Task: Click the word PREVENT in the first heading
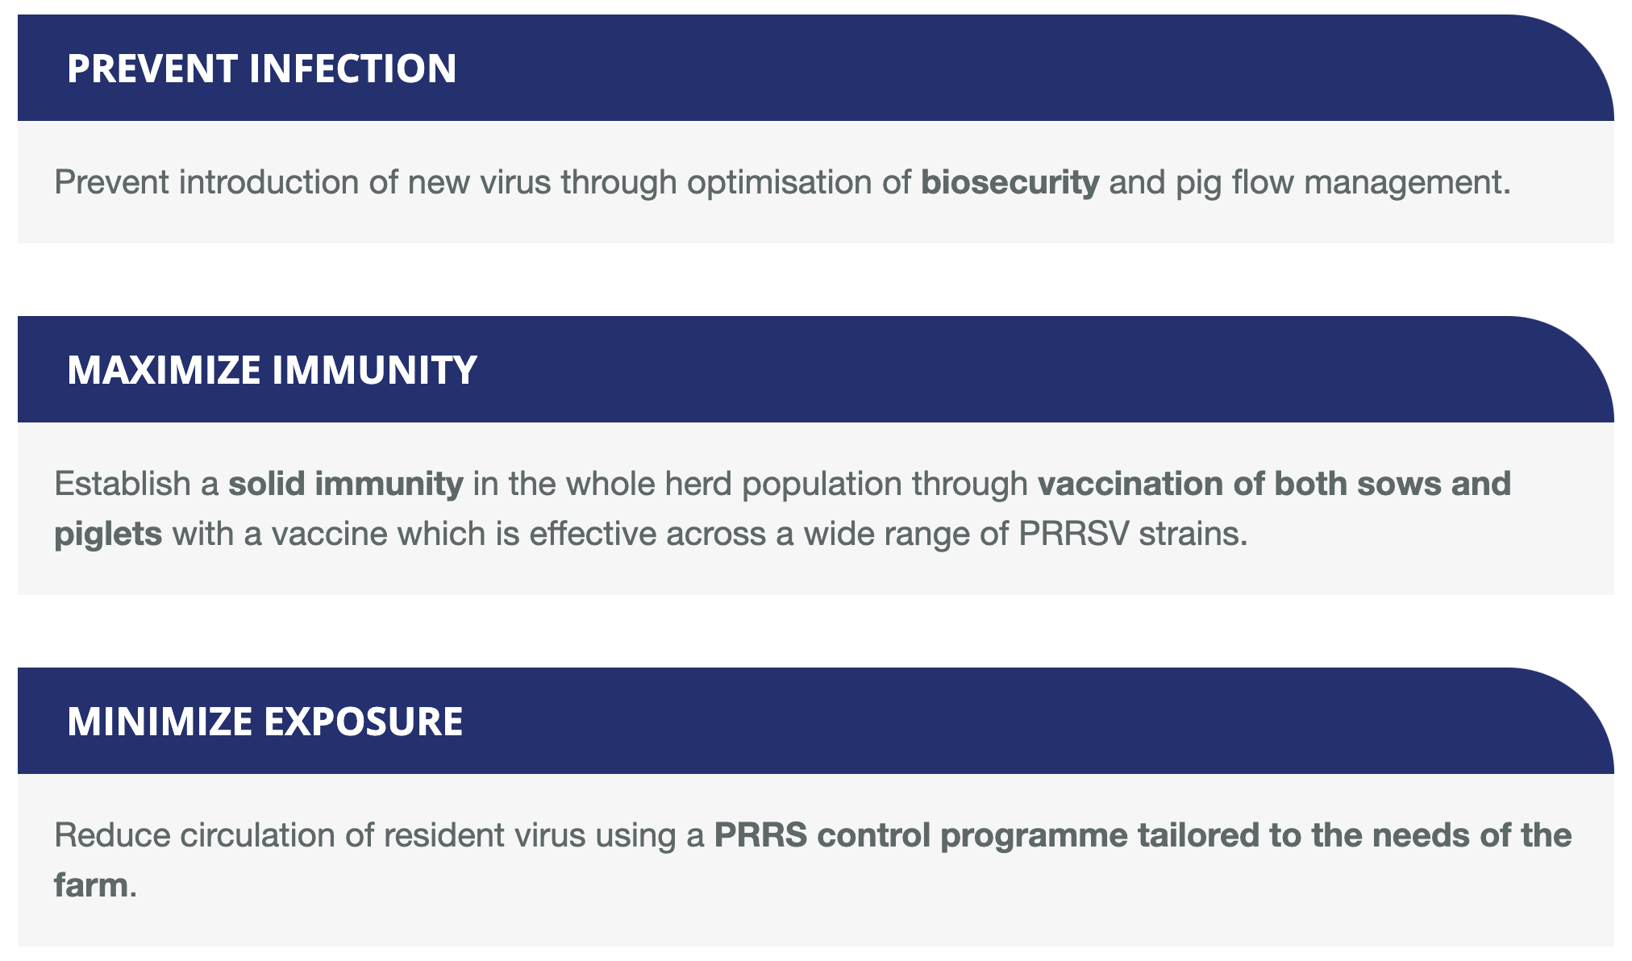pyautogui.click(x=153, y=69)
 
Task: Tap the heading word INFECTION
pyautogui.click(x=353, y=69)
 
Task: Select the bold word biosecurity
pyautogui.click(x=1010, y=183)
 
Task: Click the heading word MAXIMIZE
pyautogui.click(x=164, y=370)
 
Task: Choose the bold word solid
pyautogui.click(x=266, y=484)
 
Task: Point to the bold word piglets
pyautogui.click(x=108, y=535)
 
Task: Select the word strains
pyautogui.click(x=1193, y=534)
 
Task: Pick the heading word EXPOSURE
pyautogui.click(x=364, y=722)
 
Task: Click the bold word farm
pyautogui.click(x=91, y=885)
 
